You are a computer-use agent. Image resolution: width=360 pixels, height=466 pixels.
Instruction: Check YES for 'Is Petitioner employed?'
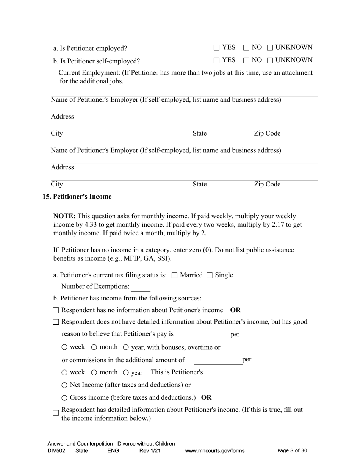point(216,48)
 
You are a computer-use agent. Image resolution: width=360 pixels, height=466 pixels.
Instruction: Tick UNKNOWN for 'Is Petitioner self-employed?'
point(270,60)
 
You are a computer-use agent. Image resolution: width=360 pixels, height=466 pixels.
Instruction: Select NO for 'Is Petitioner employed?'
point(246,48)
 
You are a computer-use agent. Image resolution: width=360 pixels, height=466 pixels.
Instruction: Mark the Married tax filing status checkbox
point(174,275)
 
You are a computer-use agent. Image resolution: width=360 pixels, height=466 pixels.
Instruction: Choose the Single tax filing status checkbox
point(210,275)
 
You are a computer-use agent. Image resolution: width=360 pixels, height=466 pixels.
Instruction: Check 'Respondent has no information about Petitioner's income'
point(56,311)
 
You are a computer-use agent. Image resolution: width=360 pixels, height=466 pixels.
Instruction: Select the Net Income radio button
point(64,385)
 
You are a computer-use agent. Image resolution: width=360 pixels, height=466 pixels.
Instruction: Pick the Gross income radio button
point(64,398)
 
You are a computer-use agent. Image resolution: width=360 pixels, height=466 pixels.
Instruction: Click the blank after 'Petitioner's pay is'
point(202,335)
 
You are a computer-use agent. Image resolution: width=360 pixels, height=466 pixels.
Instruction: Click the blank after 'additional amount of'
point(218,360)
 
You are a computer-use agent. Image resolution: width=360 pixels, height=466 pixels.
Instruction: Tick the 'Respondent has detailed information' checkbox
point(56,413)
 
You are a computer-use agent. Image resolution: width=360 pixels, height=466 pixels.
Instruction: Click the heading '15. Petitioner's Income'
point(77,197)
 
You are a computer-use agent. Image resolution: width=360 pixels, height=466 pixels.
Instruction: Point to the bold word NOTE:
point(64,216)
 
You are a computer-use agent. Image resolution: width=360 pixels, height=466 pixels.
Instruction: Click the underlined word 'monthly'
point(153,216)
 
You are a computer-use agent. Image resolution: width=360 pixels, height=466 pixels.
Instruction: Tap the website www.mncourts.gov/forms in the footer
point(214,451)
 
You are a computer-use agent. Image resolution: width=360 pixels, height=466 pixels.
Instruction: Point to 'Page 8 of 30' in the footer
point(292,451)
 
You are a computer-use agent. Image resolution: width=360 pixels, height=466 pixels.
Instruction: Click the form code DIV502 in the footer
point(56,451)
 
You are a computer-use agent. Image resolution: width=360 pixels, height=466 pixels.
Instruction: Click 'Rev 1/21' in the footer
point(150,451)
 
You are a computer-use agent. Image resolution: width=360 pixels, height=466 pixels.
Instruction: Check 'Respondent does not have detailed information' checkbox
point(56,322)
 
